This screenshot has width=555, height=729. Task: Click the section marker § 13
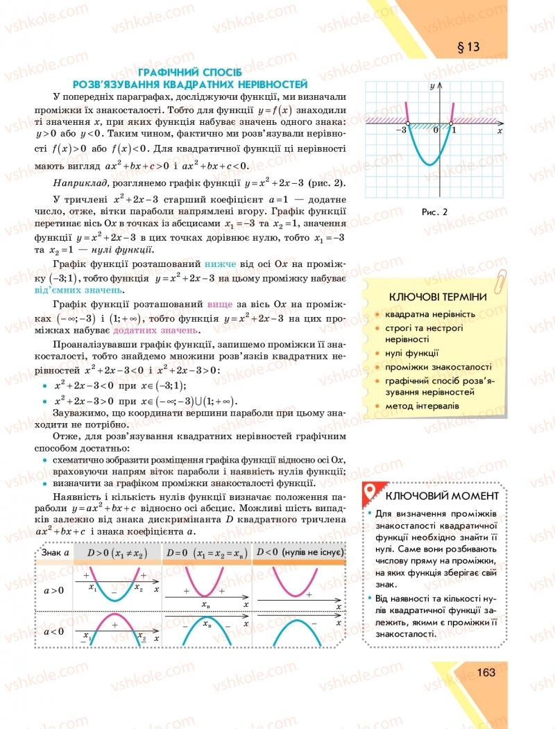click(x=464, y=47)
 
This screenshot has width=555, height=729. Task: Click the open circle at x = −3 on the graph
click(x=407, y=125)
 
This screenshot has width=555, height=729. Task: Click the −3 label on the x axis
click(x=400, y=131)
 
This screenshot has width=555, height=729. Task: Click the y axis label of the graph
click(x=432, y=85)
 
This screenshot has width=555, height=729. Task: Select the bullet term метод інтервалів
click(x=422, y=405)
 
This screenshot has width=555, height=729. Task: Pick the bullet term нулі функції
click(x=413, y=353)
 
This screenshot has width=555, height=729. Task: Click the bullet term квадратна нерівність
click(x=430, y=314)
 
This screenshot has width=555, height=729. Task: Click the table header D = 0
click(x=205, y=552)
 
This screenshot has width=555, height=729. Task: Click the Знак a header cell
click(x=55, y=552)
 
